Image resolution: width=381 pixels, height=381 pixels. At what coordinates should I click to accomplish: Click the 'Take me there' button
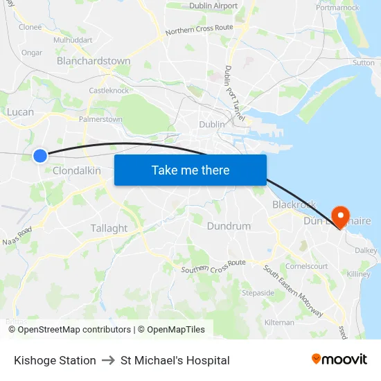click(x=190, y=170)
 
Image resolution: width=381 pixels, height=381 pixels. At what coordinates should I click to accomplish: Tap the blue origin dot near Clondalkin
click(x=40, y=156)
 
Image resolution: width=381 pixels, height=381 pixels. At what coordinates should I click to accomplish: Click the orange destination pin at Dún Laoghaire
click(x=340, y=216)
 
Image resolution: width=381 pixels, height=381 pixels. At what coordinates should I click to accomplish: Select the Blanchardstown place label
click(x=94, y=61)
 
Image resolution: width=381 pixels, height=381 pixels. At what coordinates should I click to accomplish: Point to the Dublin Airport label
click(x=213, y=6)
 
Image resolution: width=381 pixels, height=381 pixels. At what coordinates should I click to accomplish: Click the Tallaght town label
click(x=109, y=228)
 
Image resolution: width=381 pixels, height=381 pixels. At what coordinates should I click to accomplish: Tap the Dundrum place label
click(x=229, y=226)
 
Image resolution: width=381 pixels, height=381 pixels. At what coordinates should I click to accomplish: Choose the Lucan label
click(x=20, y=112)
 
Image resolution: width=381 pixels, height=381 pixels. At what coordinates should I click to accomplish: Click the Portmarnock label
click(x=337, y=8)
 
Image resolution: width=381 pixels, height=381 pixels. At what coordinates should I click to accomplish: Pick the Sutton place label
click(x=364, y=62)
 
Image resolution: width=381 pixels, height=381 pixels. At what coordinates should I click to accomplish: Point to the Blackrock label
click(x=294, y=204)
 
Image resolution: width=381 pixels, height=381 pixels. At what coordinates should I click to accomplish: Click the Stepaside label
click(x=258, y=293)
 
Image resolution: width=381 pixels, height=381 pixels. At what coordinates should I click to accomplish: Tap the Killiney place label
click(x=359, y=274)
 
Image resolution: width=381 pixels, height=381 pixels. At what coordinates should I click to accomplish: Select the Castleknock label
click(x=109, y=90)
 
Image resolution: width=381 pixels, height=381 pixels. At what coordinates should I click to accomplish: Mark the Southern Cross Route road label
click(x=213, y=266)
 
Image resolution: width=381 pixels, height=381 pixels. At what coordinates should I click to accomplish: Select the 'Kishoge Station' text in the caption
click(x=55, y=360)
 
